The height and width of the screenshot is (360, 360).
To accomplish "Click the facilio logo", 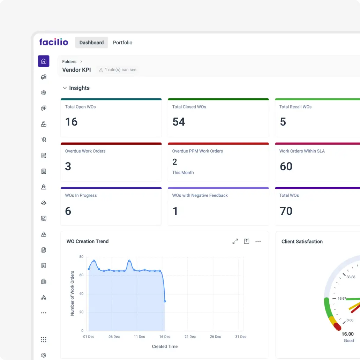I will pos(54,42).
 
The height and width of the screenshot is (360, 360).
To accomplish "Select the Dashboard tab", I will pos(91,43).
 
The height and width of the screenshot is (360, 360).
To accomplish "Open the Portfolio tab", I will pos(122,43).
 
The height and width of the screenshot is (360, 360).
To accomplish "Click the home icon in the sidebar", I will pos(44,61).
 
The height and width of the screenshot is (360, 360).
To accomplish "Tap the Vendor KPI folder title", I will pos(76,70).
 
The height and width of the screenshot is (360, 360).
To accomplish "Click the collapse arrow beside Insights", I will pos(65,88).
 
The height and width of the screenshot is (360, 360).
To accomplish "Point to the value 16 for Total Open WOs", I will pos(72,122).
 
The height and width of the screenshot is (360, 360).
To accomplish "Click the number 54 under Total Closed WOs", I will pos(179,122).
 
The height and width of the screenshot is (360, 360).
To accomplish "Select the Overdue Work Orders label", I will pos(85,151).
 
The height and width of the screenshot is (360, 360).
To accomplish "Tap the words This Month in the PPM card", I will pos(183,172).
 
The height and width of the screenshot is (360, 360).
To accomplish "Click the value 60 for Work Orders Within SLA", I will pos(286,166).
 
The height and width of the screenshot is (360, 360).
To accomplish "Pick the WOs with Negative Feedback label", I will pos(200,195).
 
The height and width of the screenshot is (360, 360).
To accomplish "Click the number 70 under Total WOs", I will pos(286,211).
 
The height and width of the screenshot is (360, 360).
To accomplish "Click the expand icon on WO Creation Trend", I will pos(235,241).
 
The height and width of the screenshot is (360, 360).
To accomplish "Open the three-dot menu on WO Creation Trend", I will pos(258,241).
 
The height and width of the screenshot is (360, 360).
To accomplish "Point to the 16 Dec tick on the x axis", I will pos(165,337).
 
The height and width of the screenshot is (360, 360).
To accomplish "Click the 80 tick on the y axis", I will pos(81,257).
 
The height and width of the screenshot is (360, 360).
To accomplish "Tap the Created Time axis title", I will pos(165,346).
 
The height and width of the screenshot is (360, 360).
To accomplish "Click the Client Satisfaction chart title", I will pos(302,241).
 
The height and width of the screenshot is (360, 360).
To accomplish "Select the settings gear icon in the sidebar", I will pos(44,355).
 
